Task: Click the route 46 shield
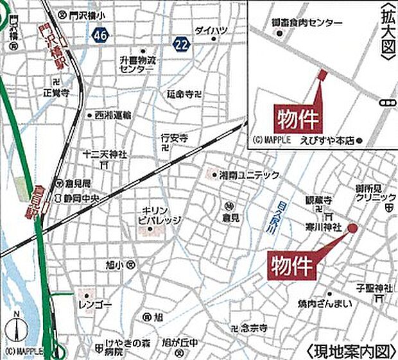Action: [99, 35]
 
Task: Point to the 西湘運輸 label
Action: [112, 116]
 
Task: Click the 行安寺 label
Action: [173, 137]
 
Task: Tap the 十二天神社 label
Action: [106, 155]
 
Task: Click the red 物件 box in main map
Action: [291, 263]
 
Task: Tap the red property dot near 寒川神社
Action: [352, 228]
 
